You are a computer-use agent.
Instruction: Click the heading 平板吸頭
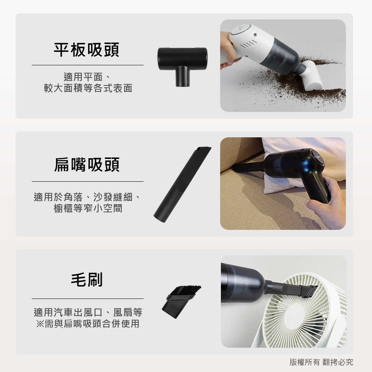[87, 50]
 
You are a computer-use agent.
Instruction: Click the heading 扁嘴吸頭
[87, 165]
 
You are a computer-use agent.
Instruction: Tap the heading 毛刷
[87, 279]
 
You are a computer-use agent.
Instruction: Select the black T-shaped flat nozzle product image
[182, 65]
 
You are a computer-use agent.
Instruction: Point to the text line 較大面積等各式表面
[88, 89]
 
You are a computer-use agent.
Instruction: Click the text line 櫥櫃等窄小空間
[88, 208]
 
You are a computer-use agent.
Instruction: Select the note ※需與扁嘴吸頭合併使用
[88, 324]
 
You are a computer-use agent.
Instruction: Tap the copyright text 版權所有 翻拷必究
[321, 362]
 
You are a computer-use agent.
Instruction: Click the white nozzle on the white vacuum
[312, 76]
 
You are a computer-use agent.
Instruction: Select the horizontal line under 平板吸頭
[87, 65]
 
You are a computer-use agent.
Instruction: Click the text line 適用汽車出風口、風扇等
[88, 312]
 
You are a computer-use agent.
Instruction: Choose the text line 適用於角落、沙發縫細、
[88, 196]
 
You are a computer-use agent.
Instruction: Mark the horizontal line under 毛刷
[87, 298]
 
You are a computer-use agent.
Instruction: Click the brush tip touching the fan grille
[310, 291]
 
